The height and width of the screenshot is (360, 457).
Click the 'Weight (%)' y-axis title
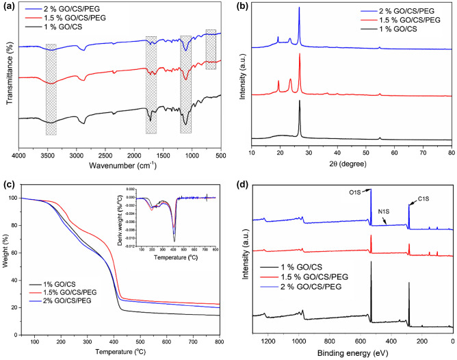click(x=9, y=262)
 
